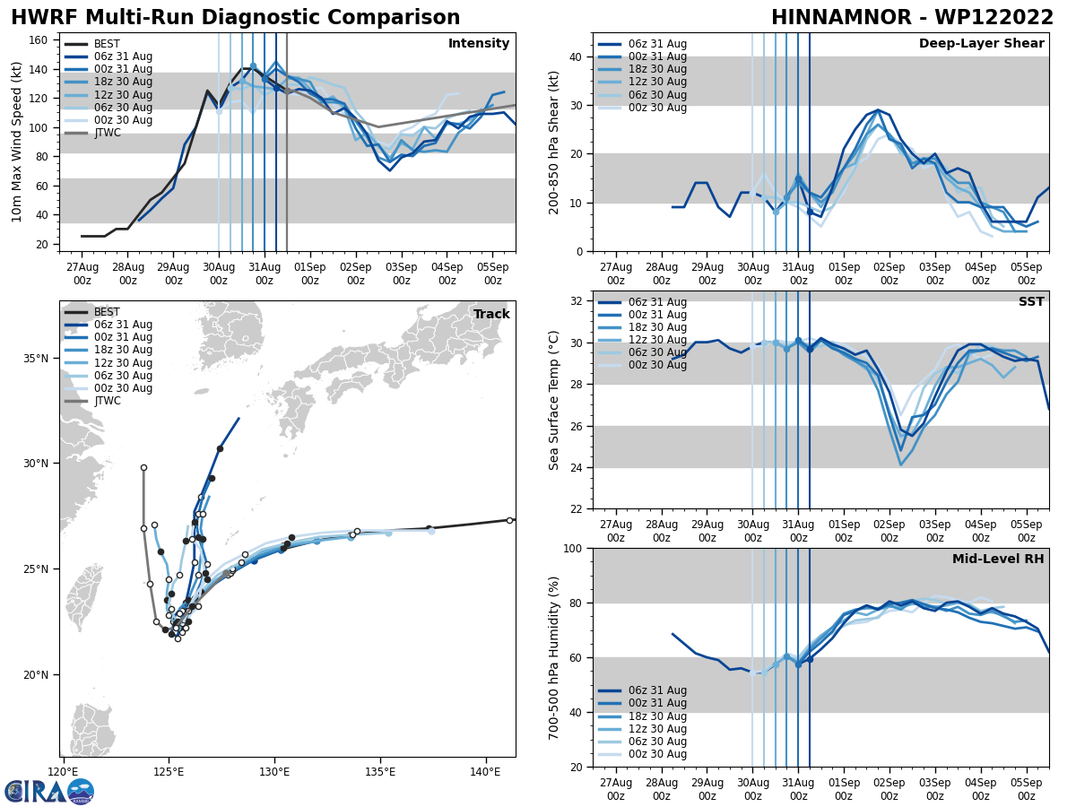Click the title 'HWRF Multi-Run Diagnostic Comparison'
235,18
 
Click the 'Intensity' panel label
478,44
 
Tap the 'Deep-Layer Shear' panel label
981,44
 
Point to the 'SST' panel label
1030,302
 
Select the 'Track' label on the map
491,315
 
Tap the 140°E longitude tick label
485,771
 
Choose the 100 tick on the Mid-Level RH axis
571,548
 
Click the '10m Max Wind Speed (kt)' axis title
17,142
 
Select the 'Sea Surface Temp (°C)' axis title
555,400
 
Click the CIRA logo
49,792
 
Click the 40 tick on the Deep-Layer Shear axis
576,57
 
